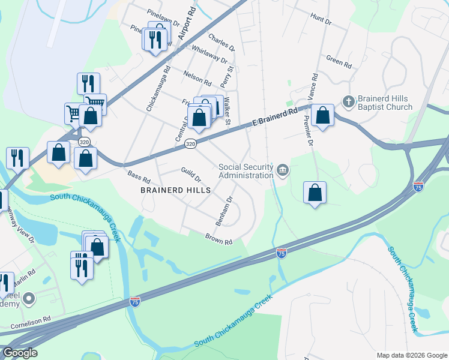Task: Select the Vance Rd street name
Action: pyautogui.click(x=312, y=87)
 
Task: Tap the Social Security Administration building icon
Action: pyautogui.click(x=283, y=172)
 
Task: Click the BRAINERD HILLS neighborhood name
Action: pyautogui.click(x=175, y=190)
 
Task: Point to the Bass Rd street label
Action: pyautogui.click(x=139, y=178)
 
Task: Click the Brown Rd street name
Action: pyautogui.click(x=218, y=239)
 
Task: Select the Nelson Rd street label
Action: pyautogui.click(x=197, y=79)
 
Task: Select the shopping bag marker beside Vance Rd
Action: pyautogui.click(x=322, y=115)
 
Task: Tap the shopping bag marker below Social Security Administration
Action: pyautogui.click(x=315, y=192)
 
